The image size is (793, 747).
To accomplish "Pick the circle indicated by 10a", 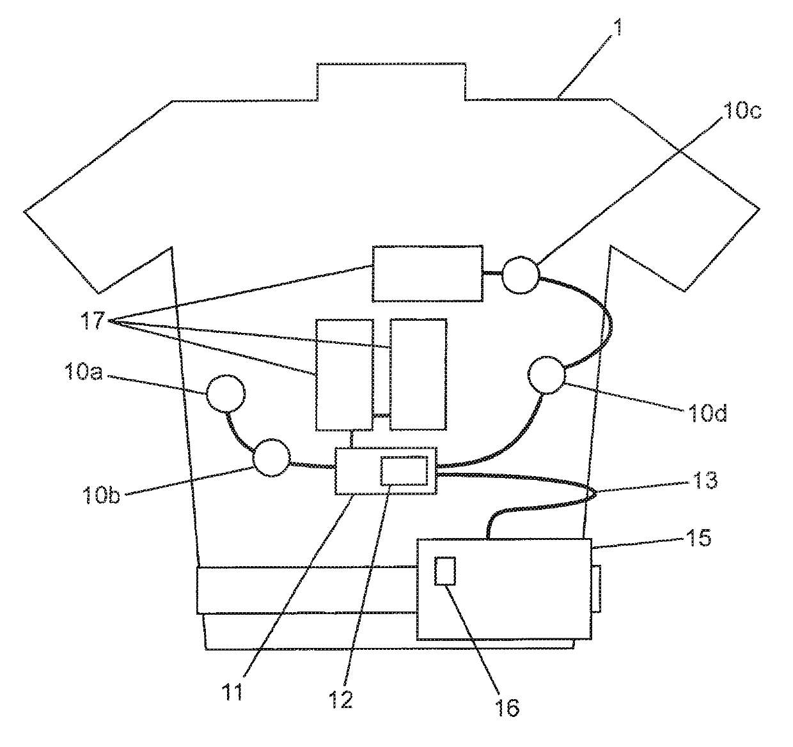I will [x=224, y=393].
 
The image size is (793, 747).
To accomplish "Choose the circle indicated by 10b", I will [x=271, y=458].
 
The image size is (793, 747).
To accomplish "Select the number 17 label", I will [x=93, y=321].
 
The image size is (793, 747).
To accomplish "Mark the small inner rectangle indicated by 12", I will [x=404, y=472].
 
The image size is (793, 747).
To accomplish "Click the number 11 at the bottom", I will [x=233, y=693].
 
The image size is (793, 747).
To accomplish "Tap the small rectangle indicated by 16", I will [x=444, y=571].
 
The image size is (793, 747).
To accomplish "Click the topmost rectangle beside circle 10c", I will [x=428, y=273].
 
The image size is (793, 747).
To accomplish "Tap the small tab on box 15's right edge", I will [x=595, y=589].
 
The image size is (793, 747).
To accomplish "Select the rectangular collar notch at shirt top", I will [x=391, y=82].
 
